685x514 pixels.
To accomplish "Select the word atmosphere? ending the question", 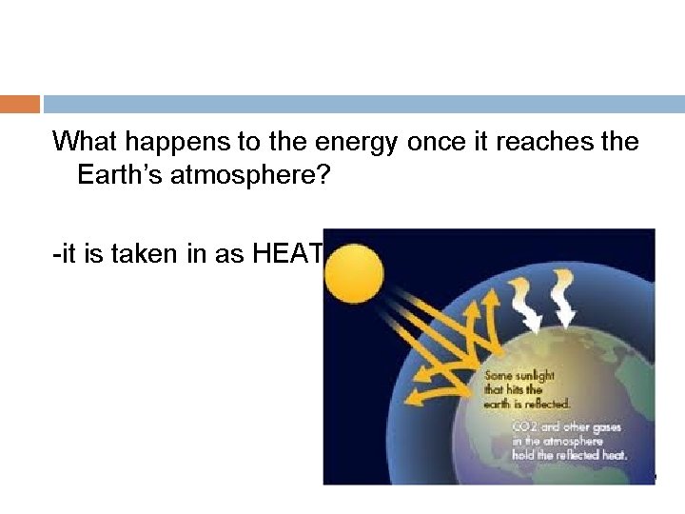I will click(x=258, y=177).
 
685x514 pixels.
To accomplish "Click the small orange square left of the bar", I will click(x=20, y=104).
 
